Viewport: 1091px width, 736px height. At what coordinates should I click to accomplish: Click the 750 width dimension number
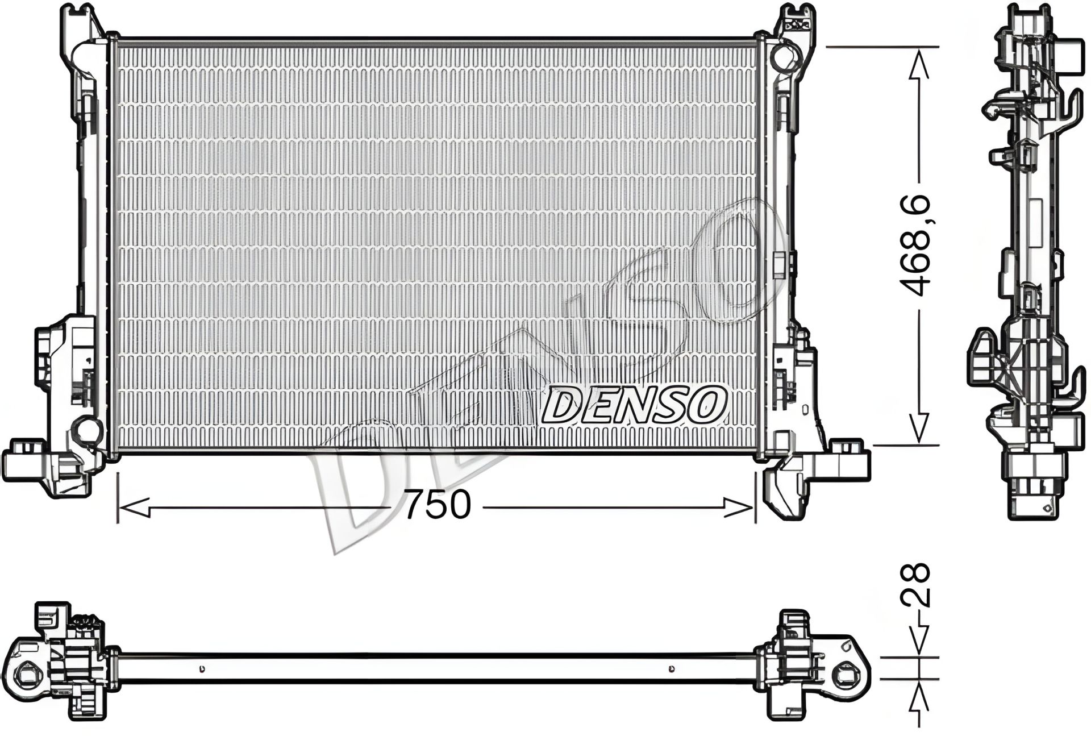438,504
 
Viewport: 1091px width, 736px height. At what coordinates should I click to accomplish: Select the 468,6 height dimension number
916,246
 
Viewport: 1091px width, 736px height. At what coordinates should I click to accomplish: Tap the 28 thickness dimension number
915,586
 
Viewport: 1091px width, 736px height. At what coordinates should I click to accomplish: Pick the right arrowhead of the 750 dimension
738,507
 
